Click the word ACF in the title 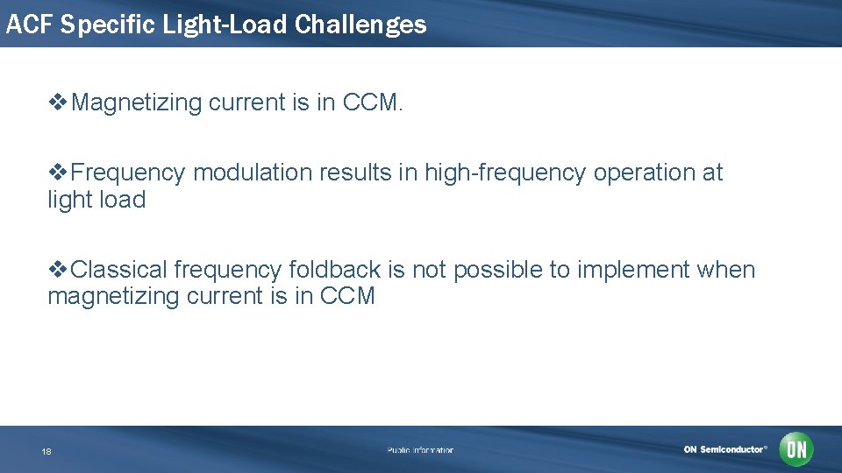(29, 24)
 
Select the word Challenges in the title (360, 24)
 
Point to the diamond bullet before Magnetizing (57, 102)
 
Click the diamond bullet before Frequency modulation (57, 173)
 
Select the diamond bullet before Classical (57, 269)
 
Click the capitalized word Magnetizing (137, 102)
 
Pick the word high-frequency (505, 173)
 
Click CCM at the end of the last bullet (348, 296)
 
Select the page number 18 (46, 451)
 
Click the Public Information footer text (421, 450)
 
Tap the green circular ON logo (796, 449)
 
